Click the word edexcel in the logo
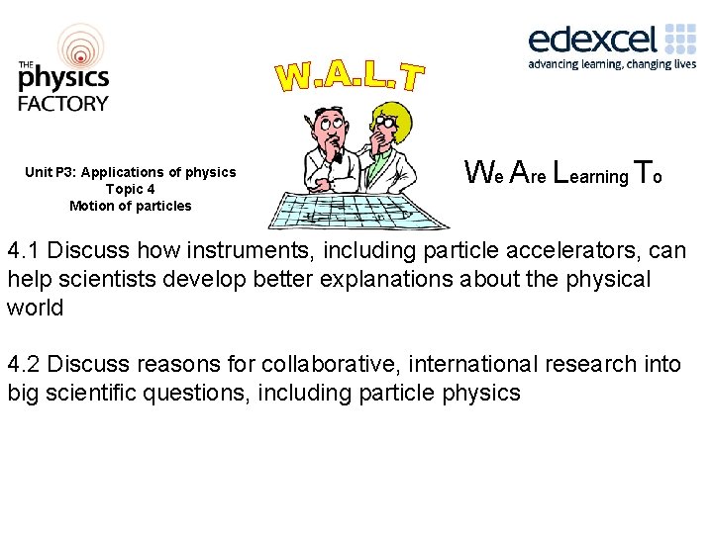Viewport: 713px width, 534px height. (x=591, y=39)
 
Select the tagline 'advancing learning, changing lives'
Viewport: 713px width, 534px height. (x=611, y=64)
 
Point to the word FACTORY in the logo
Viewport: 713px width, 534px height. (x=63, y=102)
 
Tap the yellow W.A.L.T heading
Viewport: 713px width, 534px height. (x=351, y=73)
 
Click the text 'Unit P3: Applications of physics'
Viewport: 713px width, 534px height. (x=131, y=172)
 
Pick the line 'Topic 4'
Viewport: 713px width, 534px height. (x=130, y=189)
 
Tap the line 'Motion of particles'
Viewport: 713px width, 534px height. (x=131, y=206)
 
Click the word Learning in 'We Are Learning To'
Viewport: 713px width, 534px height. (x=588, y=175)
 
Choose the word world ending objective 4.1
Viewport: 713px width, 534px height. (x=35, y=308)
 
